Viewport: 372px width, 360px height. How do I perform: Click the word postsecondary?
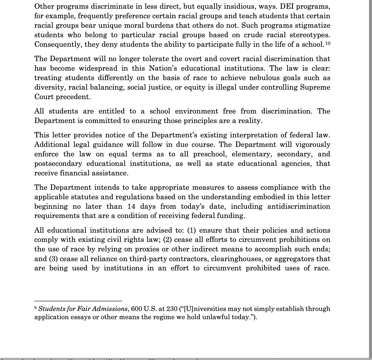point(58,164)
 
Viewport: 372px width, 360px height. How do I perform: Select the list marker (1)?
point(191,230)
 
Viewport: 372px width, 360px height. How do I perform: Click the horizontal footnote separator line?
point(78,301)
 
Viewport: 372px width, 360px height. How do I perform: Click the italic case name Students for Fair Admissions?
point(83,309)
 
